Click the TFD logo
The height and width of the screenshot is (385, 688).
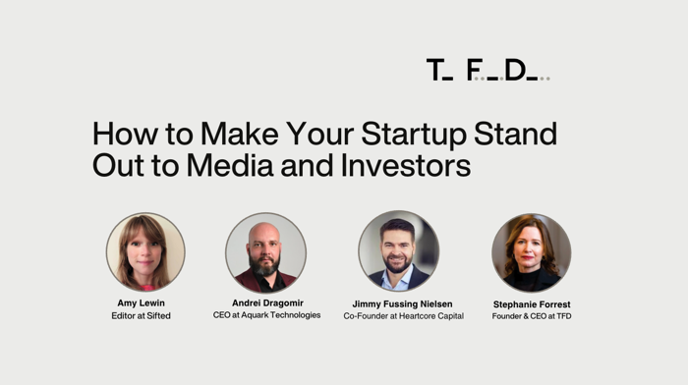click(487, 70)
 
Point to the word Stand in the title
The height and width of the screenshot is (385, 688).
click(516, 134)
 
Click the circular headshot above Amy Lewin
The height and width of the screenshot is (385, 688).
click(145, 252)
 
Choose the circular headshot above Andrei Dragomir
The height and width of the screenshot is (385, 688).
click(265, 252)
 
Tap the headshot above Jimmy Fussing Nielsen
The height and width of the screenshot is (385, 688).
click(398, 250)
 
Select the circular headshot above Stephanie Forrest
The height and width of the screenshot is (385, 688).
click(531, 252)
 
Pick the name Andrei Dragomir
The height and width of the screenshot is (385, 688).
click(266, 303)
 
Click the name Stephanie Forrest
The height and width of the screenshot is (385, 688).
click(532, 304)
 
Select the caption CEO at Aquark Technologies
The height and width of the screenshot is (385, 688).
click(266, 315)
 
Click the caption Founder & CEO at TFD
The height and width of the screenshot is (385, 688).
click(532, 316)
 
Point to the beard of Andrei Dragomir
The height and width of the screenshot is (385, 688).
click(264, 267)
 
